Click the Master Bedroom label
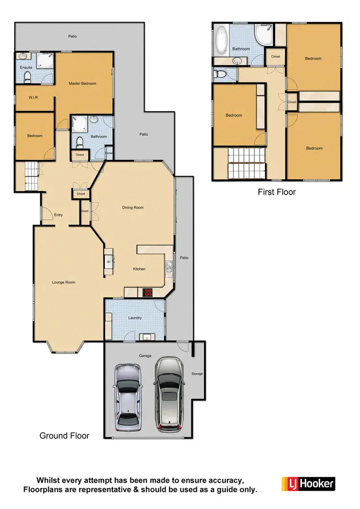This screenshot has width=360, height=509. point(82,83)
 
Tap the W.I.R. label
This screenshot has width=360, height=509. point(34,97)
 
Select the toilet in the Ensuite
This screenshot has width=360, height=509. point(28,77)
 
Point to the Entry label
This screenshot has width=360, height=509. point(59,215)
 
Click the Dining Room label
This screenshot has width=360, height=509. point(132,208)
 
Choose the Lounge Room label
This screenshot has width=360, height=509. point(64,282)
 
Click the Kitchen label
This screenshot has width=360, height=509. point(139,269)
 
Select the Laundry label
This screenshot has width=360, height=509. point(135,318)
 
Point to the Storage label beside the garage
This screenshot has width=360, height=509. point(197,373)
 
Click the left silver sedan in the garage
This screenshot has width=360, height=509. point(127,397)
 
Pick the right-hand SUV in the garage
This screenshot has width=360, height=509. point(168,393)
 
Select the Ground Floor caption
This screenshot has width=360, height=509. point(64,436)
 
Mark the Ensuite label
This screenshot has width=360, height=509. point(26,68)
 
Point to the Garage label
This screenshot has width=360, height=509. point(145,355)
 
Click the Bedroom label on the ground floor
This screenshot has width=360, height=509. point(35,136)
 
